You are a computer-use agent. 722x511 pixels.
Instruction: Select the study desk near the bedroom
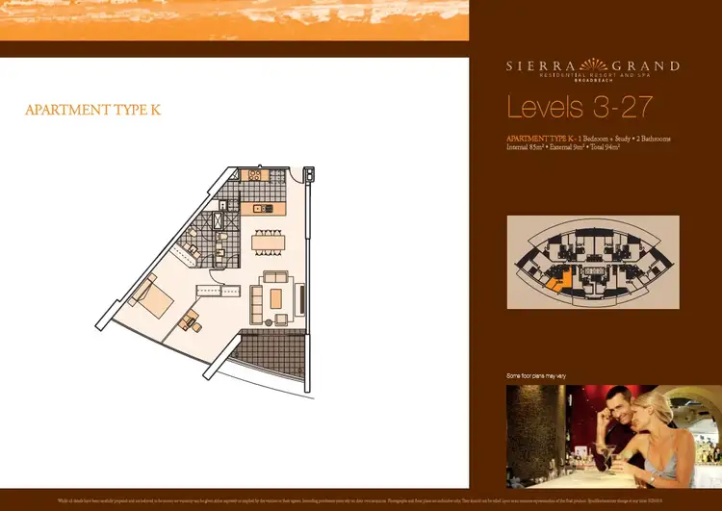[x=188, y=319]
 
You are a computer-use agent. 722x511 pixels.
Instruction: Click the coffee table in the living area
[x=275, y=298]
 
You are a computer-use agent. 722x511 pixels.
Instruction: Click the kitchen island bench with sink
[x=264, y=208]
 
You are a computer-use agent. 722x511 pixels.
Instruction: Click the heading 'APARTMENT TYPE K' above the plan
[x=92, y=110]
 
